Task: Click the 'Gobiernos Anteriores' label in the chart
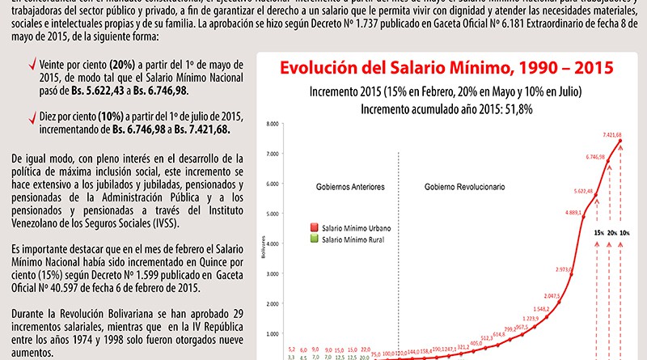[x=350, y=187]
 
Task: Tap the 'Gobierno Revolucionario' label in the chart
[x=465, y=187]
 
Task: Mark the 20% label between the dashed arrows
[x=613, y=233]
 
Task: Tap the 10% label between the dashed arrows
[x=627, y=233]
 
